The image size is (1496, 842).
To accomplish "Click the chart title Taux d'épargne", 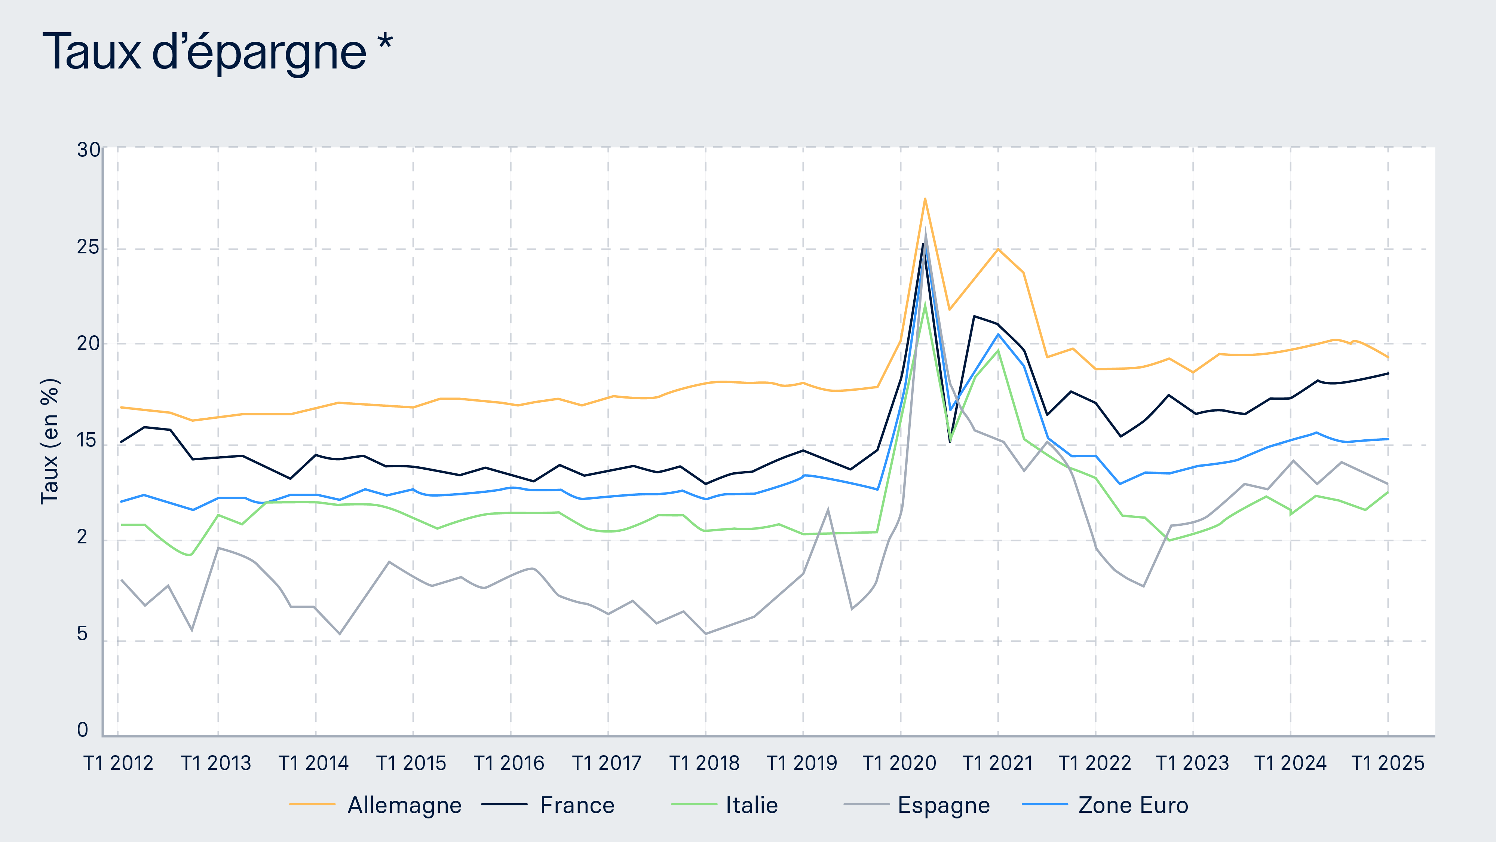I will pyautogui.click(x=205, y=53).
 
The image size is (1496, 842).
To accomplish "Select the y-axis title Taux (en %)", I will pyautogui.click(x=50, y=441).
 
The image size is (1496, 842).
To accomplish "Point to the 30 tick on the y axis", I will pyautogui.click(x=88, y=150).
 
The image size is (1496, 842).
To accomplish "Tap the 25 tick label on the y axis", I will pyautogui.click(x=88, y=247).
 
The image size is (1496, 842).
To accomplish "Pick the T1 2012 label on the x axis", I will pyautogui.click(x=119, y=763).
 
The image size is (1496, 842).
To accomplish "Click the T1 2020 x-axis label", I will pyautogui.click(x=899, y=763).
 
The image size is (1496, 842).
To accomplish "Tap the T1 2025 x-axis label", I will pyautogui.click(x=1388, y=763).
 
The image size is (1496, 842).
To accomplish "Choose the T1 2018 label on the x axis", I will pyautogui.click(x=705, y=763).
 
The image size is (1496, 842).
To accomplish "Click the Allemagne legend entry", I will pyautogui.click(x=404, y=805).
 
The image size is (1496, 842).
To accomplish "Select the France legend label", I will pyautogui.click(x=577, y=805).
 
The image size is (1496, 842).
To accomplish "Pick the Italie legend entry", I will pyautogui.click(x=751, y=805).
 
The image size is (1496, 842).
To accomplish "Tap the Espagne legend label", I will pyautogui.click(x=944, y=805).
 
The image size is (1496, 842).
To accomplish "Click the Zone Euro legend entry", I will pyautogui.click(x=1133, y=805).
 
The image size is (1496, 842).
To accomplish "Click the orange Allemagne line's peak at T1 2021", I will pyautogui.click(x=998, y=249).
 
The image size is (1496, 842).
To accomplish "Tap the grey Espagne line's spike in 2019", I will pyautogui.click(x=828, y=510).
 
